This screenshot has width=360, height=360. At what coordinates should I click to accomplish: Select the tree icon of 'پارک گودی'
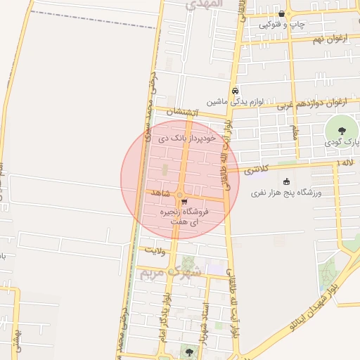click(342, 130)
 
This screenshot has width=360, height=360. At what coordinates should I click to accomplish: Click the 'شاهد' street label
click(160, 192)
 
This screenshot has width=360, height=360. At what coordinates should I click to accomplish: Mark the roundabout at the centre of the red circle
click(180, 195)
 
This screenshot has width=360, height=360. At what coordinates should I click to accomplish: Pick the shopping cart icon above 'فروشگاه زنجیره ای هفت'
click(184, 201)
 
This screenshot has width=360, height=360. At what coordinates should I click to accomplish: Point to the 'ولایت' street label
click(154, 250)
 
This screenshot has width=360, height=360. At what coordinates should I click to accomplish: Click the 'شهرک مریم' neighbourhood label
click(169, 271)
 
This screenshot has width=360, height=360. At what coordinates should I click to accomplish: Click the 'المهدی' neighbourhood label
click(203, 4)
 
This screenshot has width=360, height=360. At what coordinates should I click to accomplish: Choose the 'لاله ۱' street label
click(342, 162)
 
